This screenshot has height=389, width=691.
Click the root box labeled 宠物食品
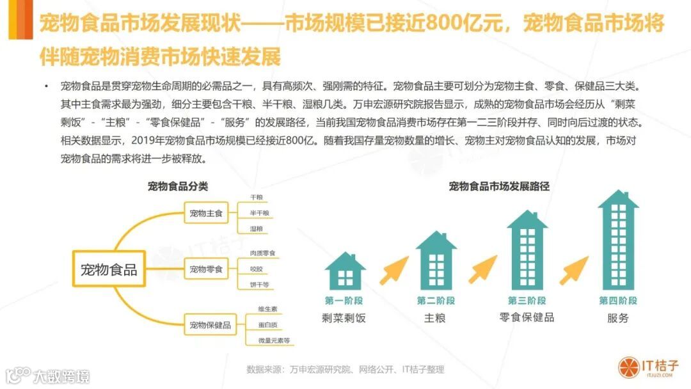click(109, 269)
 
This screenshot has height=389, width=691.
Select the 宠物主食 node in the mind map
click(206, 212)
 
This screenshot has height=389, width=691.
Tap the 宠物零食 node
click(206, 269)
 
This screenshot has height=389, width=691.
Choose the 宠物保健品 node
click(210, 325)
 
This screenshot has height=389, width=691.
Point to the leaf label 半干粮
click(259, 212)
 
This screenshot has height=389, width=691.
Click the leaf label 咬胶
click(256, 269)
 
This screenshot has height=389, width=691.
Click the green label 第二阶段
click(435, 300)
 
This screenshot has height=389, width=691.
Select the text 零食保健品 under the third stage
click(527, 317)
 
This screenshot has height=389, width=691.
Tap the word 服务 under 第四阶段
click(618, 318)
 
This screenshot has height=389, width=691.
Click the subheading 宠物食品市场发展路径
click(499, 187)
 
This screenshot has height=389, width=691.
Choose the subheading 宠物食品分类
click(178, 187)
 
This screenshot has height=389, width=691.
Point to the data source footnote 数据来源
click(345, 369)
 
